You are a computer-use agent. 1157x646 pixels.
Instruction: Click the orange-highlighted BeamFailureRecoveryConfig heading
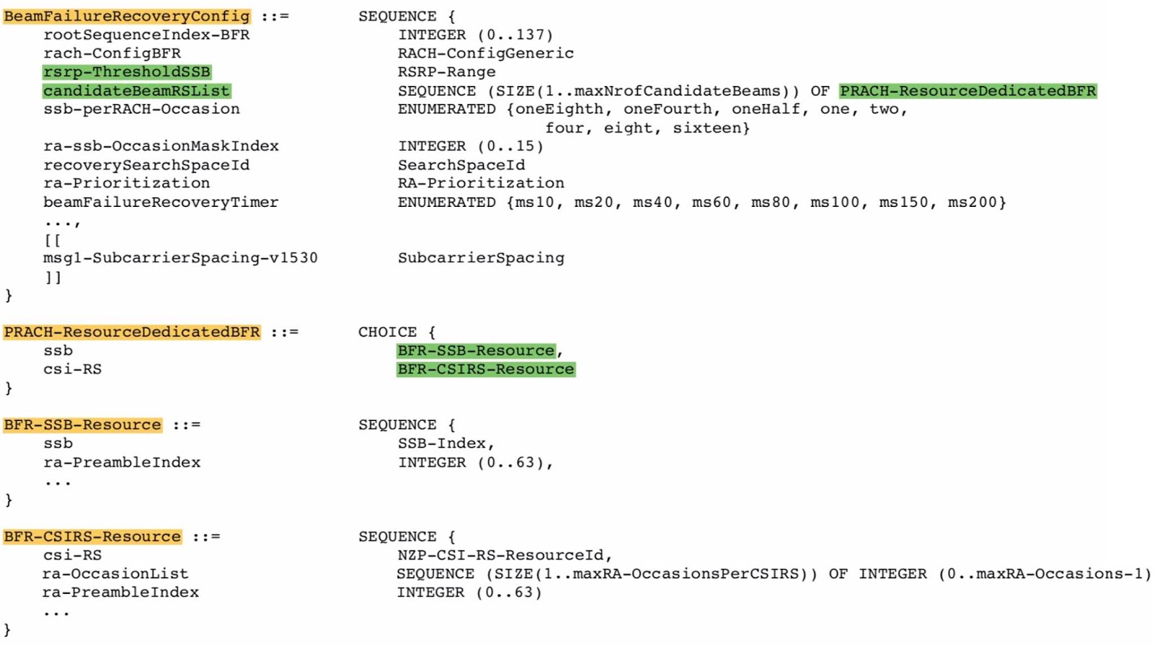click(x=127, y=16)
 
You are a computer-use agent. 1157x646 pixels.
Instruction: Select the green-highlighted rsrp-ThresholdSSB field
click(x=127, y=72)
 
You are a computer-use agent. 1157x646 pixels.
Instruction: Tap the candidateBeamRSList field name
click(x=136, y=90)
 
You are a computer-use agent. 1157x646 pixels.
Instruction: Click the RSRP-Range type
click(x=446, y=72)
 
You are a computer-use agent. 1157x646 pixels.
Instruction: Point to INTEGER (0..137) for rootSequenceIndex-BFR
click(x=475, y=35)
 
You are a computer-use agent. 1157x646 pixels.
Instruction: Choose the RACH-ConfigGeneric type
click(x=485, y=53)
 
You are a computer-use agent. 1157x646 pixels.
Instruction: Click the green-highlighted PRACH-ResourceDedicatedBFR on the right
click(x=968, y=90)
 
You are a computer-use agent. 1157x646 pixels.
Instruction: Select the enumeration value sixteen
click(x=711, y=128)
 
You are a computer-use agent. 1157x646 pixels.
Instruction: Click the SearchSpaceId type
click(x=461, y=165)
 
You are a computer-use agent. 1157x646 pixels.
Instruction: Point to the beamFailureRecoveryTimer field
click(x=161, y=203)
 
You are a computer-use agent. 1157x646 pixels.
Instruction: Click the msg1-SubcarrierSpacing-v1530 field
click(x=180, y=258)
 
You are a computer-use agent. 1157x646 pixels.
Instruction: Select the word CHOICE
click(x=387, y=332)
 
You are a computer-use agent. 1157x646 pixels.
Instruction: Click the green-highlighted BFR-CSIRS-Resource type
click(x=485, y=369)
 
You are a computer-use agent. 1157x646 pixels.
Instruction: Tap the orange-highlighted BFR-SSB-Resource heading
click(x=82, y=425)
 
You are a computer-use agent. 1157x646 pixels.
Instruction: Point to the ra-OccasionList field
click(x=115, y=574)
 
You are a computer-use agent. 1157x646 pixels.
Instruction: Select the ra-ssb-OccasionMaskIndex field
click(x=161, y=146)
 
